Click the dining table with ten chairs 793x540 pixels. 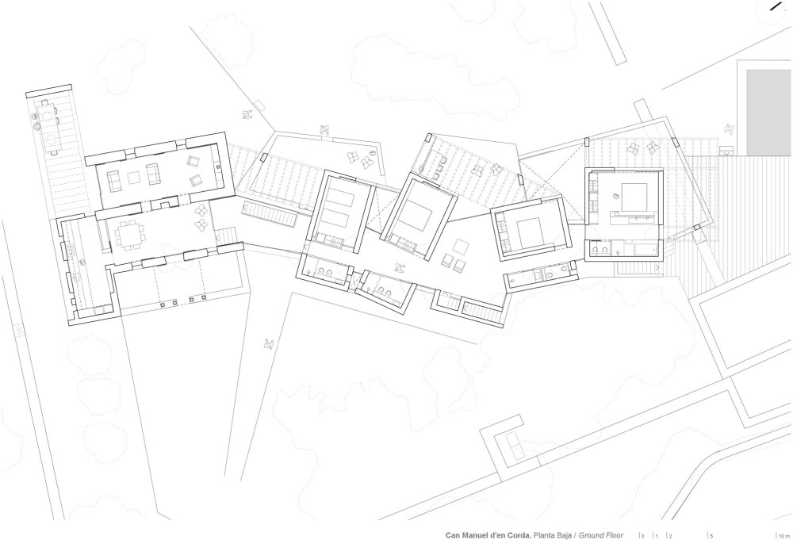[x=131, y=235]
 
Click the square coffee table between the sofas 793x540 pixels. [x=133, y=178]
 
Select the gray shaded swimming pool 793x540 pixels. [x=769, y=113]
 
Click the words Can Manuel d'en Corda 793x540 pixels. [x=488, y=535]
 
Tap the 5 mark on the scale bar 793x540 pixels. [x=711, y=536]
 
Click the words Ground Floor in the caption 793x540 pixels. [x=601, y=535]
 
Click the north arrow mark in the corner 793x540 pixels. [x=775, y=6]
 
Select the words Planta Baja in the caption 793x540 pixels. [x=552, y=535]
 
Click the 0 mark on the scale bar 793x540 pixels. [x=642, y=536]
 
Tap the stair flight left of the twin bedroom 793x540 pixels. [x=269, y=215]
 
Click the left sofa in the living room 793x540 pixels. [x=113, y=181]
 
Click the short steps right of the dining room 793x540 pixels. [x=226, y=236]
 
